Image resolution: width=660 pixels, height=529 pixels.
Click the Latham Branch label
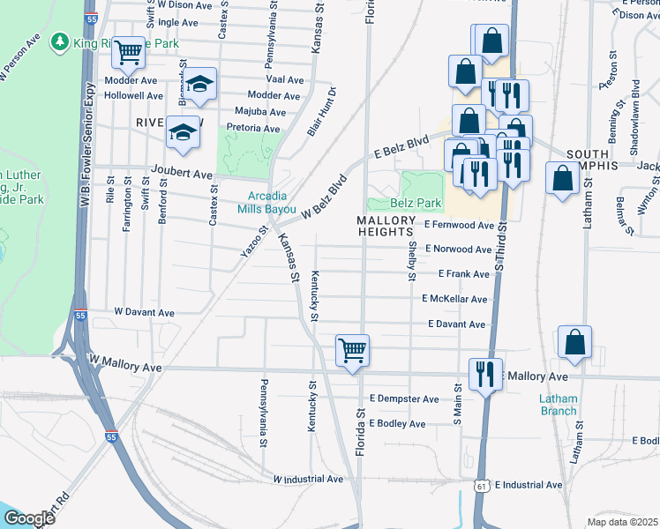point(558,405)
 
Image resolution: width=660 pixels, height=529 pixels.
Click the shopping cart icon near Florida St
point(352,351)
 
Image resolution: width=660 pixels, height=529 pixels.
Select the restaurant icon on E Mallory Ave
point(484,374)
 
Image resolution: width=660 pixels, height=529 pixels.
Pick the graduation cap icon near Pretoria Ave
point(183,132)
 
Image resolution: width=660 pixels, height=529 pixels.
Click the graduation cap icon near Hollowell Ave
point(200,84)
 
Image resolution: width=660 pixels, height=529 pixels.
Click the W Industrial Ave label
point(307,479)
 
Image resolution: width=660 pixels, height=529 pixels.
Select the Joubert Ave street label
point(182,175)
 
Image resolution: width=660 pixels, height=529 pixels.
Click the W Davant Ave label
point(145,312)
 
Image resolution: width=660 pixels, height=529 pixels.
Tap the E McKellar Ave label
point(454,300)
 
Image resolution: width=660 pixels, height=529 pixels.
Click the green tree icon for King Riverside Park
point(60,41)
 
